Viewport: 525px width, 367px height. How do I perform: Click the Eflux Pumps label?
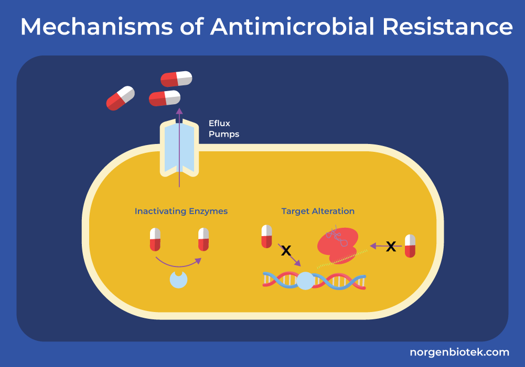(x=223, y=129)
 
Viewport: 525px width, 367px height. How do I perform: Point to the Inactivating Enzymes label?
(x=181, y=212)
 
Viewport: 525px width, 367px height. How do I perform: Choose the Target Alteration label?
(x=318, y=212)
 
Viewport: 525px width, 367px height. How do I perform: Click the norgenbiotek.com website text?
(x=459, y=352)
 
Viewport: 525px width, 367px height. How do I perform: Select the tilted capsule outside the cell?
(x=121, y=98)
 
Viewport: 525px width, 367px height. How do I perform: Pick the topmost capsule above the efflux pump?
(x=176, y=79)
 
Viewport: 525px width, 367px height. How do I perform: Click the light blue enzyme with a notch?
(x=178, y=279)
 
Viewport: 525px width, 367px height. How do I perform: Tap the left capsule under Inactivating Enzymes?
(x=155, y=239)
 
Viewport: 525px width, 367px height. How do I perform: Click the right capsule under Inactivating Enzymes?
(x=203, y=239)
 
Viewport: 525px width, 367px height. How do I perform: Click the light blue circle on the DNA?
(x=305, y=281)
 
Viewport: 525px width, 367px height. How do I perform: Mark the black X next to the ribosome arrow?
(x=391, y=246)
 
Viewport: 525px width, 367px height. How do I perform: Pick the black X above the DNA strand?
(x=286, y=251)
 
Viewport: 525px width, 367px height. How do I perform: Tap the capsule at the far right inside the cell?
(x=410, y=246)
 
